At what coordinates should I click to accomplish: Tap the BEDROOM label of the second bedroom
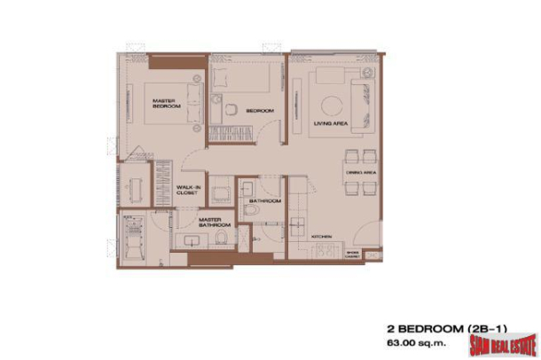(x=259, y=111)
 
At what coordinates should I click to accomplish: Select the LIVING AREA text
(x=330, y=126)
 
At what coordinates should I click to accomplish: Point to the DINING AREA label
(x=357, y=170)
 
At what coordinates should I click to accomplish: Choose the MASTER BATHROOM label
(x=209, y=223)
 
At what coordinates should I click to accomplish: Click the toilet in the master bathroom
(x=225, y=238)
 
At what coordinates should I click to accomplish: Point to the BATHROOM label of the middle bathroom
(x=265, y=201)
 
